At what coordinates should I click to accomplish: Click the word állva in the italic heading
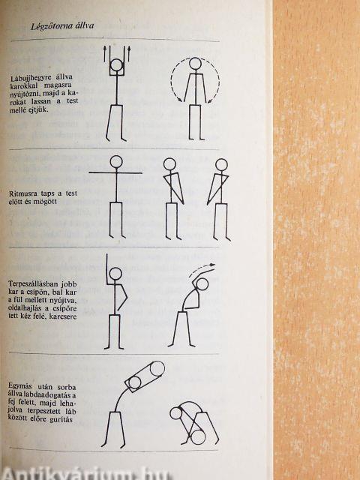point(83,25)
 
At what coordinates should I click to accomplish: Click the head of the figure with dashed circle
point(195,64)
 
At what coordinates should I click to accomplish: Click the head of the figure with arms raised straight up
point(116,66)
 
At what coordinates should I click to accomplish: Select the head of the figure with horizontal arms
point(116,162)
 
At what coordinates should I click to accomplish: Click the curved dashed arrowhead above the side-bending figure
point(212,265)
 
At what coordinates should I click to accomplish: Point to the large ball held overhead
point(157,368)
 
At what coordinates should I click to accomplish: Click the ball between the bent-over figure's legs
point(198,436)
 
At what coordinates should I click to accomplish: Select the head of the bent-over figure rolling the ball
point(175,413)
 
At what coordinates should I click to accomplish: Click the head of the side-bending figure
point(202,284)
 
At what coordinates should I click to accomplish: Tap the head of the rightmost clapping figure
point(221,164)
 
